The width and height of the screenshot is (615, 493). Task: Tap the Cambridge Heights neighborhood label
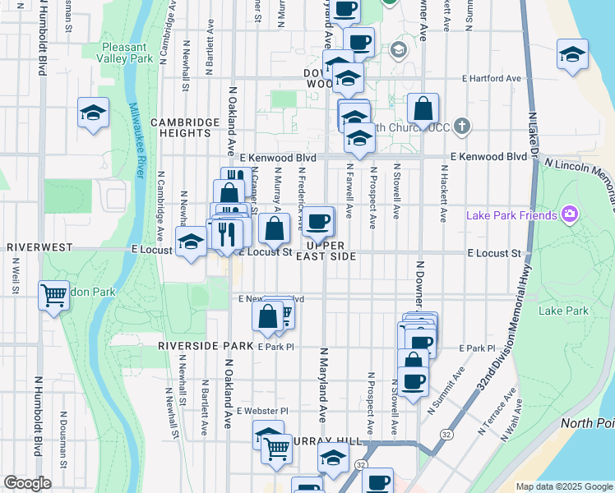pyautogui.click(x=186, y=127)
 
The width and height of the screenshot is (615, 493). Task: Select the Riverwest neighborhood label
pyautogui.click(x=40, y=246)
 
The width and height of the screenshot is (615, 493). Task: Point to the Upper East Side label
pyautogui.click(x=326, y=251)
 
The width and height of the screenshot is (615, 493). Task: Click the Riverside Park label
pyautogui.click(x=206, y=346)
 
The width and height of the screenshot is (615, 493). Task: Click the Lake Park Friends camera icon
pyautogui.click(x=569, y=215)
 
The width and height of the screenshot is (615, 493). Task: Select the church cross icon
pyautogui.click(x=462, y=127)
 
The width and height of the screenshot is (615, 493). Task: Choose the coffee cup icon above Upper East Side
pyautogui.click(x=318, y=220)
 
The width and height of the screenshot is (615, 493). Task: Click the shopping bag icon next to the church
pyautogui.click(x=423, y=108)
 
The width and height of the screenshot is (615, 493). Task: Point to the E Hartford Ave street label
pyautogui.click(x=492, y=78)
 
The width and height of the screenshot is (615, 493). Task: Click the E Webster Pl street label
pyautogui.click(x=262, y=410)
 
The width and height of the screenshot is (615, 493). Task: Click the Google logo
pyautogui.click(x=28, y=483)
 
